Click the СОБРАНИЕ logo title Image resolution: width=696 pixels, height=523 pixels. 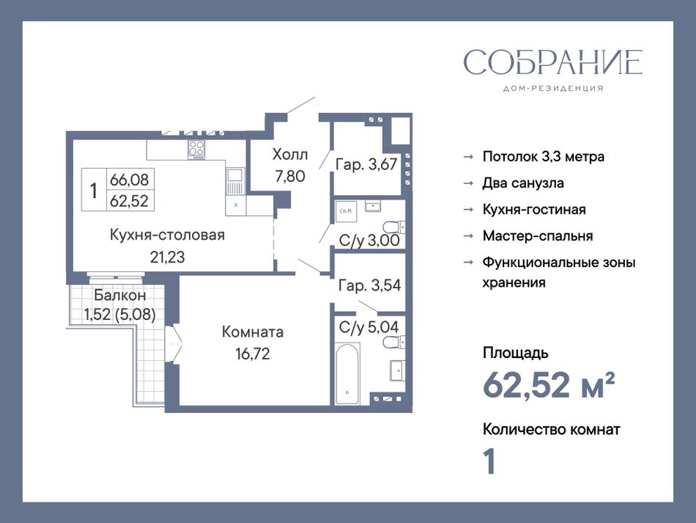tap(552, 62)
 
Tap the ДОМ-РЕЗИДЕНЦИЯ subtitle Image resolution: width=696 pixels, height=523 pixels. tap(553, 89)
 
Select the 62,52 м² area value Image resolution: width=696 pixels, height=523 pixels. tap(549, 385)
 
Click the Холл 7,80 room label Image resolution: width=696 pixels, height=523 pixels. tap(290, 165)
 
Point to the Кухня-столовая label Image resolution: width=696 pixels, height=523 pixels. tap(167, 235)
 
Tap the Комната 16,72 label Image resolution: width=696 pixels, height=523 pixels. tap(253, 343)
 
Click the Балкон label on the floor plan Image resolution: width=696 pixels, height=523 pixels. tap(120, 295)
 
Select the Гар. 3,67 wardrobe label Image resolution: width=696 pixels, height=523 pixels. tap(366, 164)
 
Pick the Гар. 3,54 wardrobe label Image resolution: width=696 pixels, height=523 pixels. tap(369, 285)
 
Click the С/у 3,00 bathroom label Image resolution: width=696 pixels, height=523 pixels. tap(369, 241)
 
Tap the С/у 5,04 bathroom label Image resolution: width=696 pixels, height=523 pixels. tap(369, 327)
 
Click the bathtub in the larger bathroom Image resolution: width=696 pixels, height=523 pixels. tap(347, 373)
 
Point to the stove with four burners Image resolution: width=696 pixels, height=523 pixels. tap(196, 150)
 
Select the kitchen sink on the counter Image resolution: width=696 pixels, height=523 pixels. tap(235, 175)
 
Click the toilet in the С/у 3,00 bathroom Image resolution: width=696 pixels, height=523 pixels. tap(394, 227)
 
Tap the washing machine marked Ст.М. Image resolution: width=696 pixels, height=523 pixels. tap(347, 211)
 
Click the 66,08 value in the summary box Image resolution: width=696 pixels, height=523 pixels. tap(129, 180)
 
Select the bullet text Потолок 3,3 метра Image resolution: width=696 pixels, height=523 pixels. tap(544, 157)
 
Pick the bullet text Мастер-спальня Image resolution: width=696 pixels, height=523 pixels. tap(538, 236)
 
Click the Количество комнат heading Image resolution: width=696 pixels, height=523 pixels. tap(551, 430)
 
